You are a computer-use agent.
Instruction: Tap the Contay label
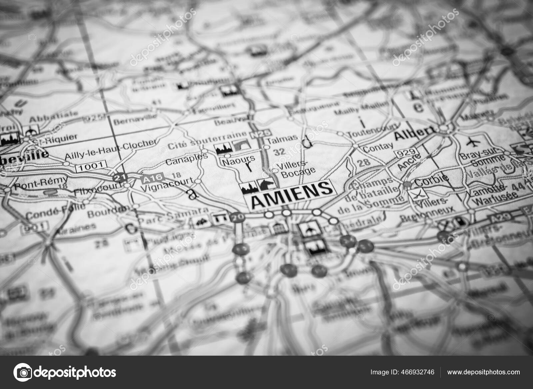click(x=377, y=147)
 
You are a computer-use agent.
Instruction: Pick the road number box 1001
click(x=91, y=165)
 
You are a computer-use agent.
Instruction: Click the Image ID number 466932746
click(x=418, y=372)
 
